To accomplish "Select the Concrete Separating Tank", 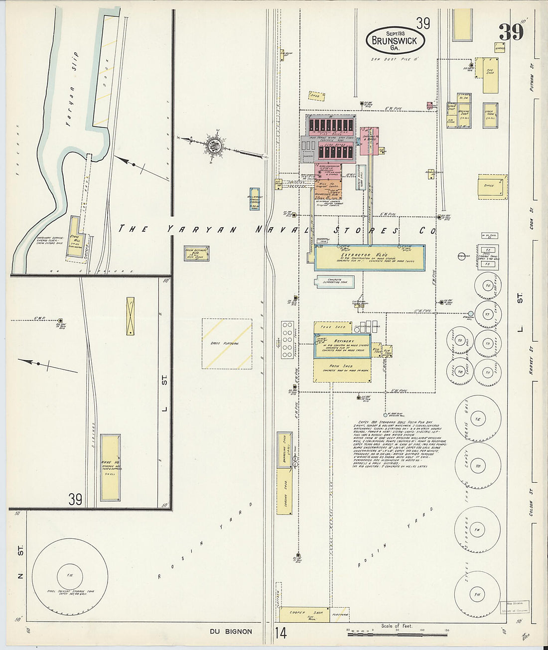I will click(334, 282).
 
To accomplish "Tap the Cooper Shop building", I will click(304, 614).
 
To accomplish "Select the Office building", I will click(492, 187).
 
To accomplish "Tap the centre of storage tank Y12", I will click(478, 419).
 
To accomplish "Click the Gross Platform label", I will click(227, 344).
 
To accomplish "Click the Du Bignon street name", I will click(231, 632).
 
